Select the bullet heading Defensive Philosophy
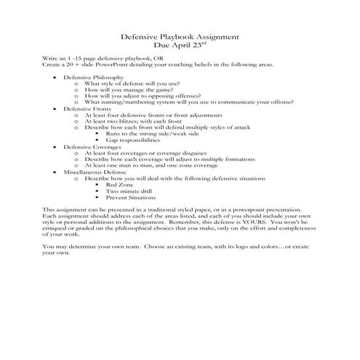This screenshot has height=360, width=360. pos(93,76)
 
